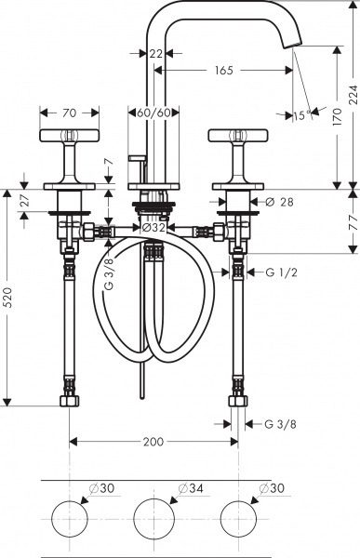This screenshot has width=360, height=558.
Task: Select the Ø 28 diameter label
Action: coord(280,202)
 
